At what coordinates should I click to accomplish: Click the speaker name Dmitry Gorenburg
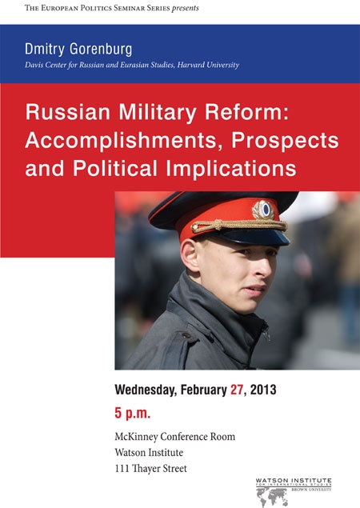click(78, 50)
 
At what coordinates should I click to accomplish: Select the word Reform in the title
click(246, 112)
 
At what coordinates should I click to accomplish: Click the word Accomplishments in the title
click(124, 140)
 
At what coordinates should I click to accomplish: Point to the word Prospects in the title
click(285, 141)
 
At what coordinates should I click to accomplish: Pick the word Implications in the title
click(231, 169)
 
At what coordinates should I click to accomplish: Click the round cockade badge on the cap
click(263, 210)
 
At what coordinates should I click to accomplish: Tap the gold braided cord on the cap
click(239, 225)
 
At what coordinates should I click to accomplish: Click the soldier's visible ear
click(190, 256)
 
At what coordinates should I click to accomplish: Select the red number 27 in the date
click(237, 390)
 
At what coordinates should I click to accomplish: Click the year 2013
click(263, 390)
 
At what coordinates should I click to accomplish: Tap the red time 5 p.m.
click(133, 414)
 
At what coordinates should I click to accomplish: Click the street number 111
click(122, 469)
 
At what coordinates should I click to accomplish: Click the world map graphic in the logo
click(272, 498)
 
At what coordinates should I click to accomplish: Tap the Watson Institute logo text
click(294, 481)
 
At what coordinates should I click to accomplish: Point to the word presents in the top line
click(186, 8)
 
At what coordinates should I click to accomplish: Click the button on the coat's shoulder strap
click(186, 335)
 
